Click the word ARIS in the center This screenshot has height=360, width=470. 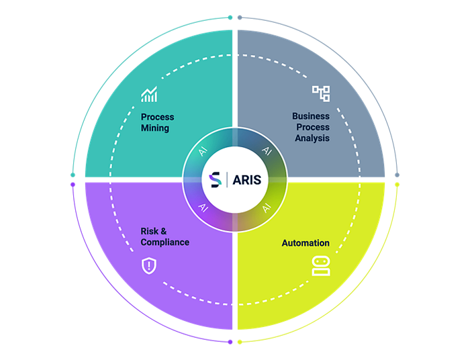(x=247, y=180)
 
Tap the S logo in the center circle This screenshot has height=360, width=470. (x=216, y=180)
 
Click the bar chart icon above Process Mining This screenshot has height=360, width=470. (x=149, y=95)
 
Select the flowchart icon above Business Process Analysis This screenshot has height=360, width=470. (x=321, y=93)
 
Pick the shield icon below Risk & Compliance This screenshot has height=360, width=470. (x=148, y=265)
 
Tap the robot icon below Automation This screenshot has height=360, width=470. (x=321, y=266)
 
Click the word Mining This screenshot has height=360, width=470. (x=155, y=128)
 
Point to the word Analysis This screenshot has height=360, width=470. (x=312, y=138)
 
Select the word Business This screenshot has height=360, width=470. (x=311, y=116)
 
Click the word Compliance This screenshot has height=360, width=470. (x=165, y=242)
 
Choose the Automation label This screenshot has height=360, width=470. (x=305, y=243)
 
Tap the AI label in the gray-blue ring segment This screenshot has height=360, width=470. (x=266, y=151)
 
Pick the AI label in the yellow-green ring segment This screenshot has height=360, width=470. (x=266, y=208)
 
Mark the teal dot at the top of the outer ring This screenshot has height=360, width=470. (x=230, y=17)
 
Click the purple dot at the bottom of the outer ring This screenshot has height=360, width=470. (x=230, y=341)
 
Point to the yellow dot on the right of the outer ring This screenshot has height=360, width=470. (x=397, y=184)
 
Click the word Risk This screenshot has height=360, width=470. (x=149, y=231)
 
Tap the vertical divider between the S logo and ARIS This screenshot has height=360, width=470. (x=227, y=180)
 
